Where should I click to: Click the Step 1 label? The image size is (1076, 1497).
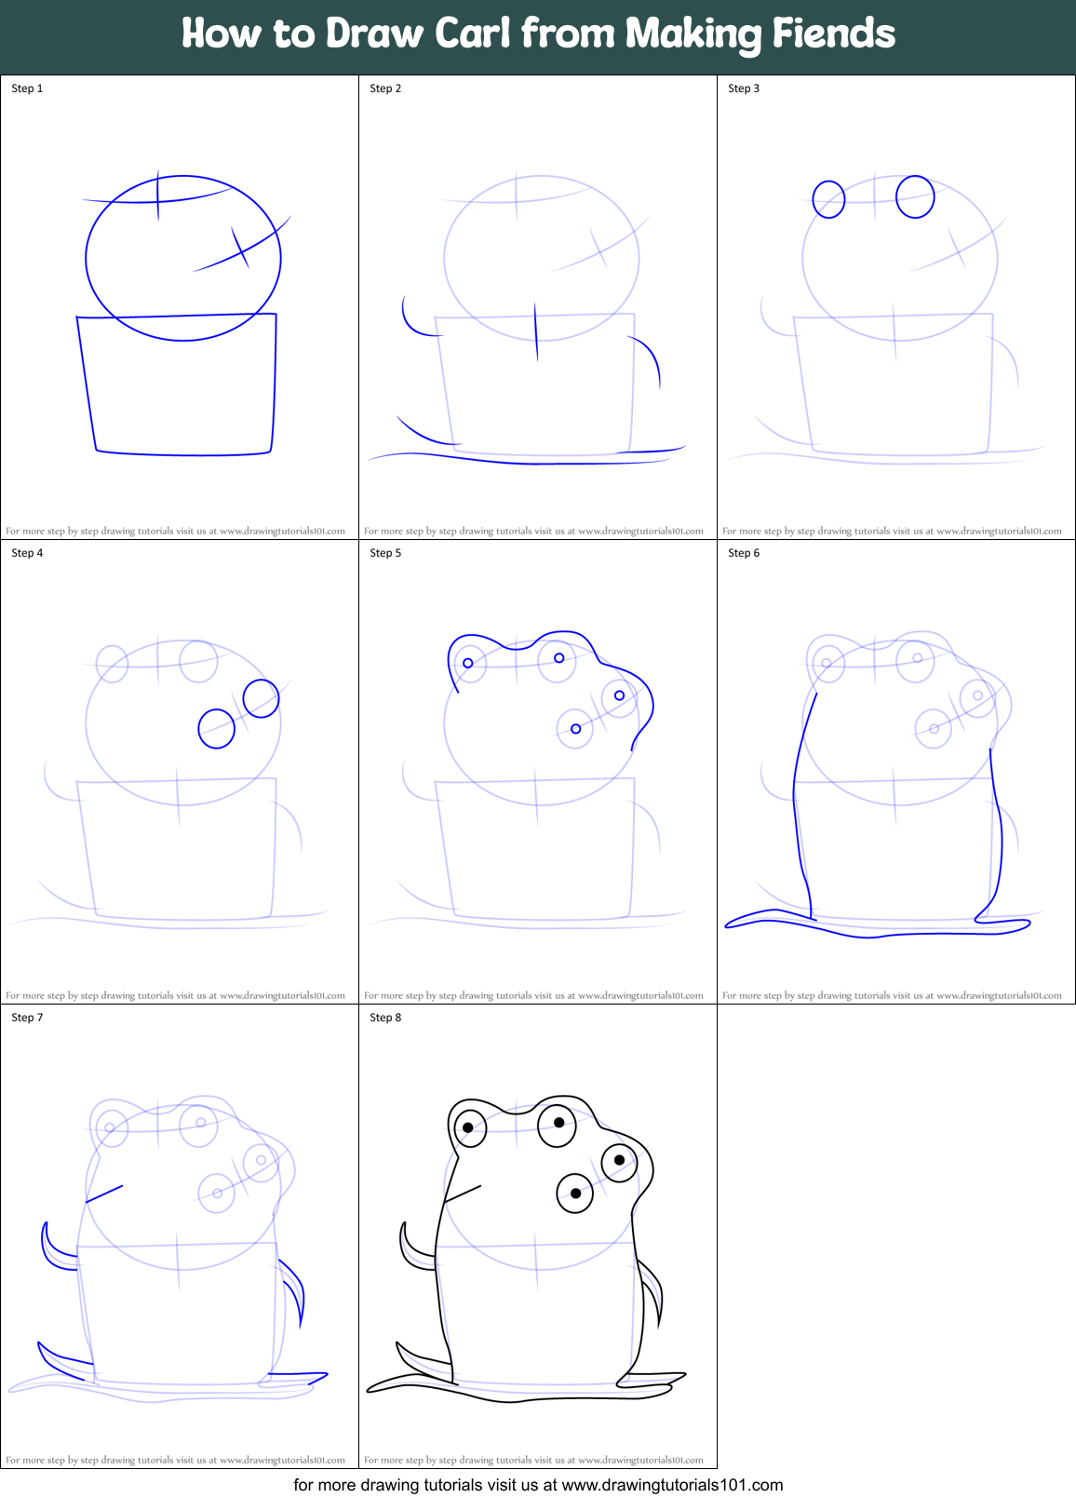point(27,88)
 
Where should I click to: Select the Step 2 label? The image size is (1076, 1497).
point(385,88)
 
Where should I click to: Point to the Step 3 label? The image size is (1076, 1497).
point(744,88)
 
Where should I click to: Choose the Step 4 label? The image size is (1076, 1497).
point(27,553)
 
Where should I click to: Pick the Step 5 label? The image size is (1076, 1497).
point(385,553)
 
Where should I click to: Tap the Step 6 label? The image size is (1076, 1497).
point(744,553)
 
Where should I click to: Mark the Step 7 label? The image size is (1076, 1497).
point(27,1018)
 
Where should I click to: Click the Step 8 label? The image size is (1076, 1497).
point(385,1018)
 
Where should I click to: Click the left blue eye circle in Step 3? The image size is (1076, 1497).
point(828,199)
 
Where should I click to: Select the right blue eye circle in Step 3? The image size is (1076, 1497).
point(915,196)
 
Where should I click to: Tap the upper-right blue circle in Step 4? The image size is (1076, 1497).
point(261,698)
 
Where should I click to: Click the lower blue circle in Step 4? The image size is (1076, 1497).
point(217,728)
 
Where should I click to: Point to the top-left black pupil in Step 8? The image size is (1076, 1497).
point(468,1128)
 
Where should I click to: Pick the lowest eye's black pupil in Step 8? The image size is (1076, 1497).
point(576,1194)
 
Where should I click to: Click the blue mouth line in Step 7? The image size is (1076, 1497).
point(104,1194)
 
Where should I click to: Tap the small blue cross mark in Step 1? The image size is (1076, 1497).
point(240,246)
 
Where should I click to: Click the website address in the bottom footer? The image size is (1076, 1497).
point(672,1485)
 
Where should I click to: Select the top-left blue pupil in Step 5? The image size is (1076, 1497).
point(468,663)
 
